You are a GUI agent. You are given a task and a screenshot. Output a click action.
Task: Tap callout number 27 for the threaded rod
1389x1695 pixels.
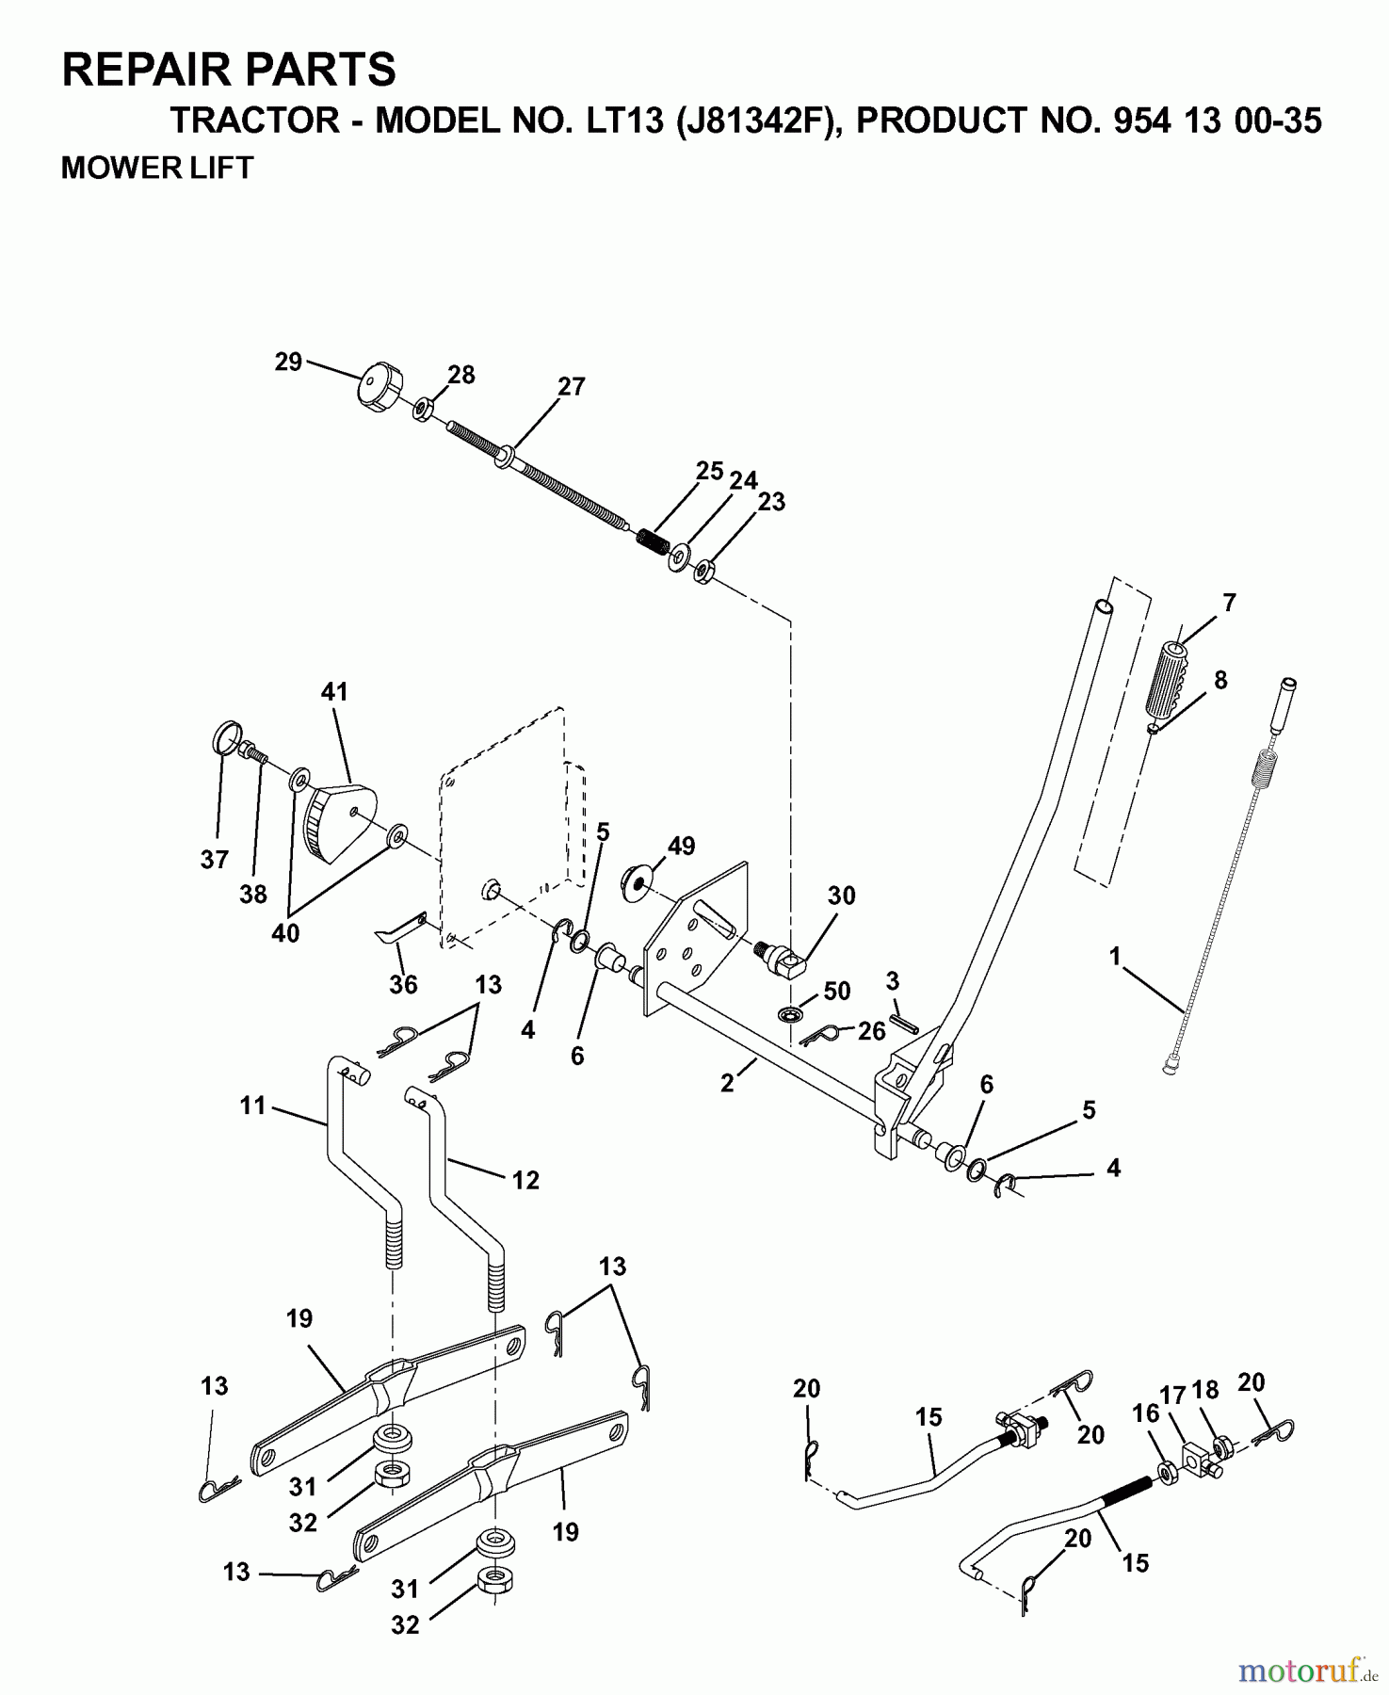[571, 387]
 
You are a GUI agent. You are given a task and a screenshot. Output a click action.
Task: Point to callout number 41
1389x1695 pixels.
[334, 692]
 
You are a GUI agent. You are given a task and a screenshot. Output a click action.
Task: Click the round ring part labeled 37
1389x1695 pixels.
[224, 737]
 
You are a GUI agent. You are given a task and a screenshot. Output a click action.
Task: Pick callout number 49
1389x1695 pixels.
[681, 846]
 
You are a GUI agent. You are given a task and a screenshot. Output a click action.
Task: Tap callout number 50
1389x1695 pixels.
[836, 991]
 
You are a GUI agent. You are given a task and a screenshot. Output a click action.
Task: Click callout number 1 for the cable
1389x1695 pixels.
[1115, 958]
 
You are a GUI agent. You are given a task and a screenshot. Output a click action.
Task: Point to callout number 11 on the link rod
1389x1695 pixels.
[252, 1105]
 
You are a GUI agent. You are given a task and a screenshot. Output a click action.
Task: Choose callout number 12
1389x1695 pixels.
[525, 1180]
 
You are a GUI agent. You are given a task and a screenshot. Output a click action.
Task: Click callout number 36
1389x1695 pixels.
[403, 984]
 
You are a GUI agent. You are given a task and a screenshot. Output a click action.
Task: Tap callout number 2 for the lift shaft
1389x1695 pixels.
[727, 1083]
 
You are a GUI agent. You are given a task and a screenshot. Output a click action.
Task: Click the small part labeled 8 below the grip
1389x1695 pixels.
[1153, 728]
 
